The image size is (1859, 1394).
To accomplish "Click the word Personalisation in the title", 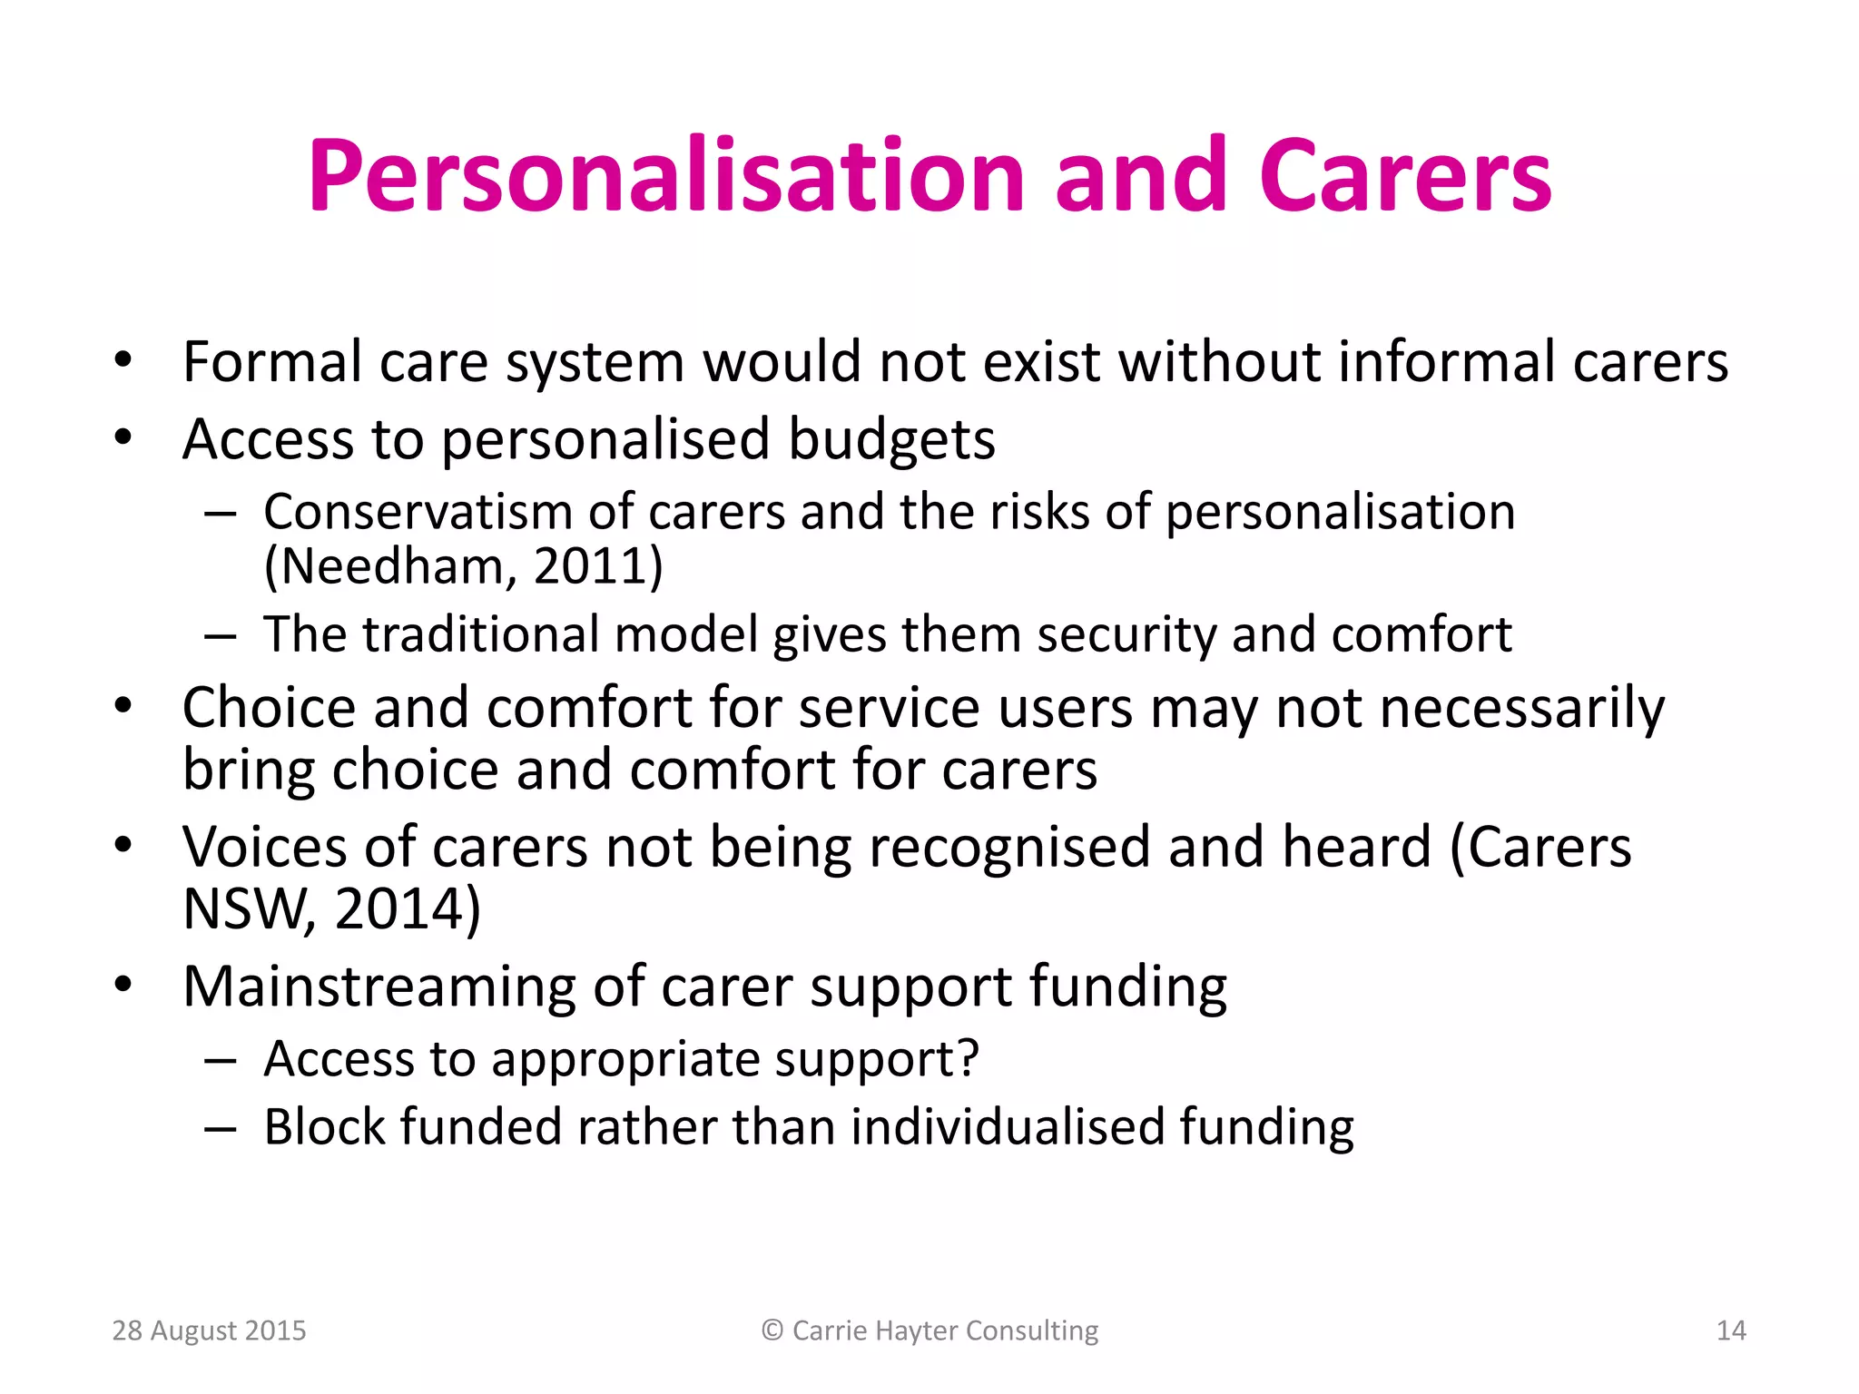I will tap(667, 177).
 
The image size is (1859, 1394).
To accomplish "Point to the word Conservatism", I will tap(418, 513).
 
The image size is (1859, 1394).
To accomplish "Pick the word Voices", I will tap(264, 848).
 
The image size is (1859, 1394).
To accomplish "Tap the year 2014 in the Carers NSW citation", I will tap(399, 909).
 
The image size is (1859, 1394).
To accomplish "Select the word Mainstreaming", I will tap(379, 987).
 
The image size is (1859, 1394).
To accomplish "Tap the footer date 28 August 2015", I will tap(209, 1330).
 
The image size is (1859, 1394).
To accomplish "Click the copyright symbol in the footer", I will tap(772, 1330).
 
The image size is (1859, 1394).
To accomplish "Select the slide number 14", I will tap(1731, 1330).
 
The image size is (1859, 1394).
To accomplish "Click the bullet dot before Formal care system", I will tap(123, 362).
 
